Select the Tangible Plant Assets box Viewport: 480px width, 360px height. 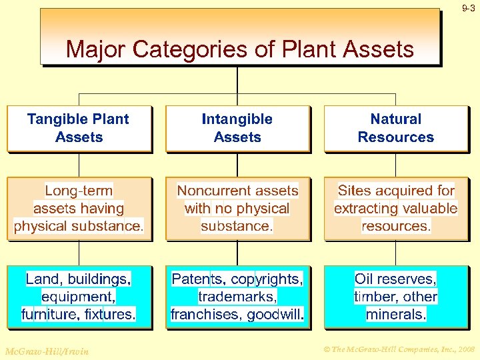point(79,128)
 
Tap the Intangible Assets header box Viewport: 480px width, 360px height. point(237,128)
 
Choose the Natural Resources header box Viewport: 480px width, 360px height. point(396,128)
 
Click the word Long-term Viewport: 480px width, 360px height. point(79,191)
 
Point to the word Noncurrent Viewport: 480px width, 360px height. point(207,191)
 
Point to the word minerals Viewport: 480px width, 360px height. point(396,314)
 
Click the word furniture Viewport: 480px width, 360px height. point(49,314)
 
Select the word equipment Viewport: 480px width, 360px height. point(77,296)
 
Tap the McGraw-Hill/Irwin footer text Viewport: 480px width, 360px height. point(47,351)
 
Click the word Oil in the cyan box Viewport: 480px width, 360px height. point(365,278)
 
